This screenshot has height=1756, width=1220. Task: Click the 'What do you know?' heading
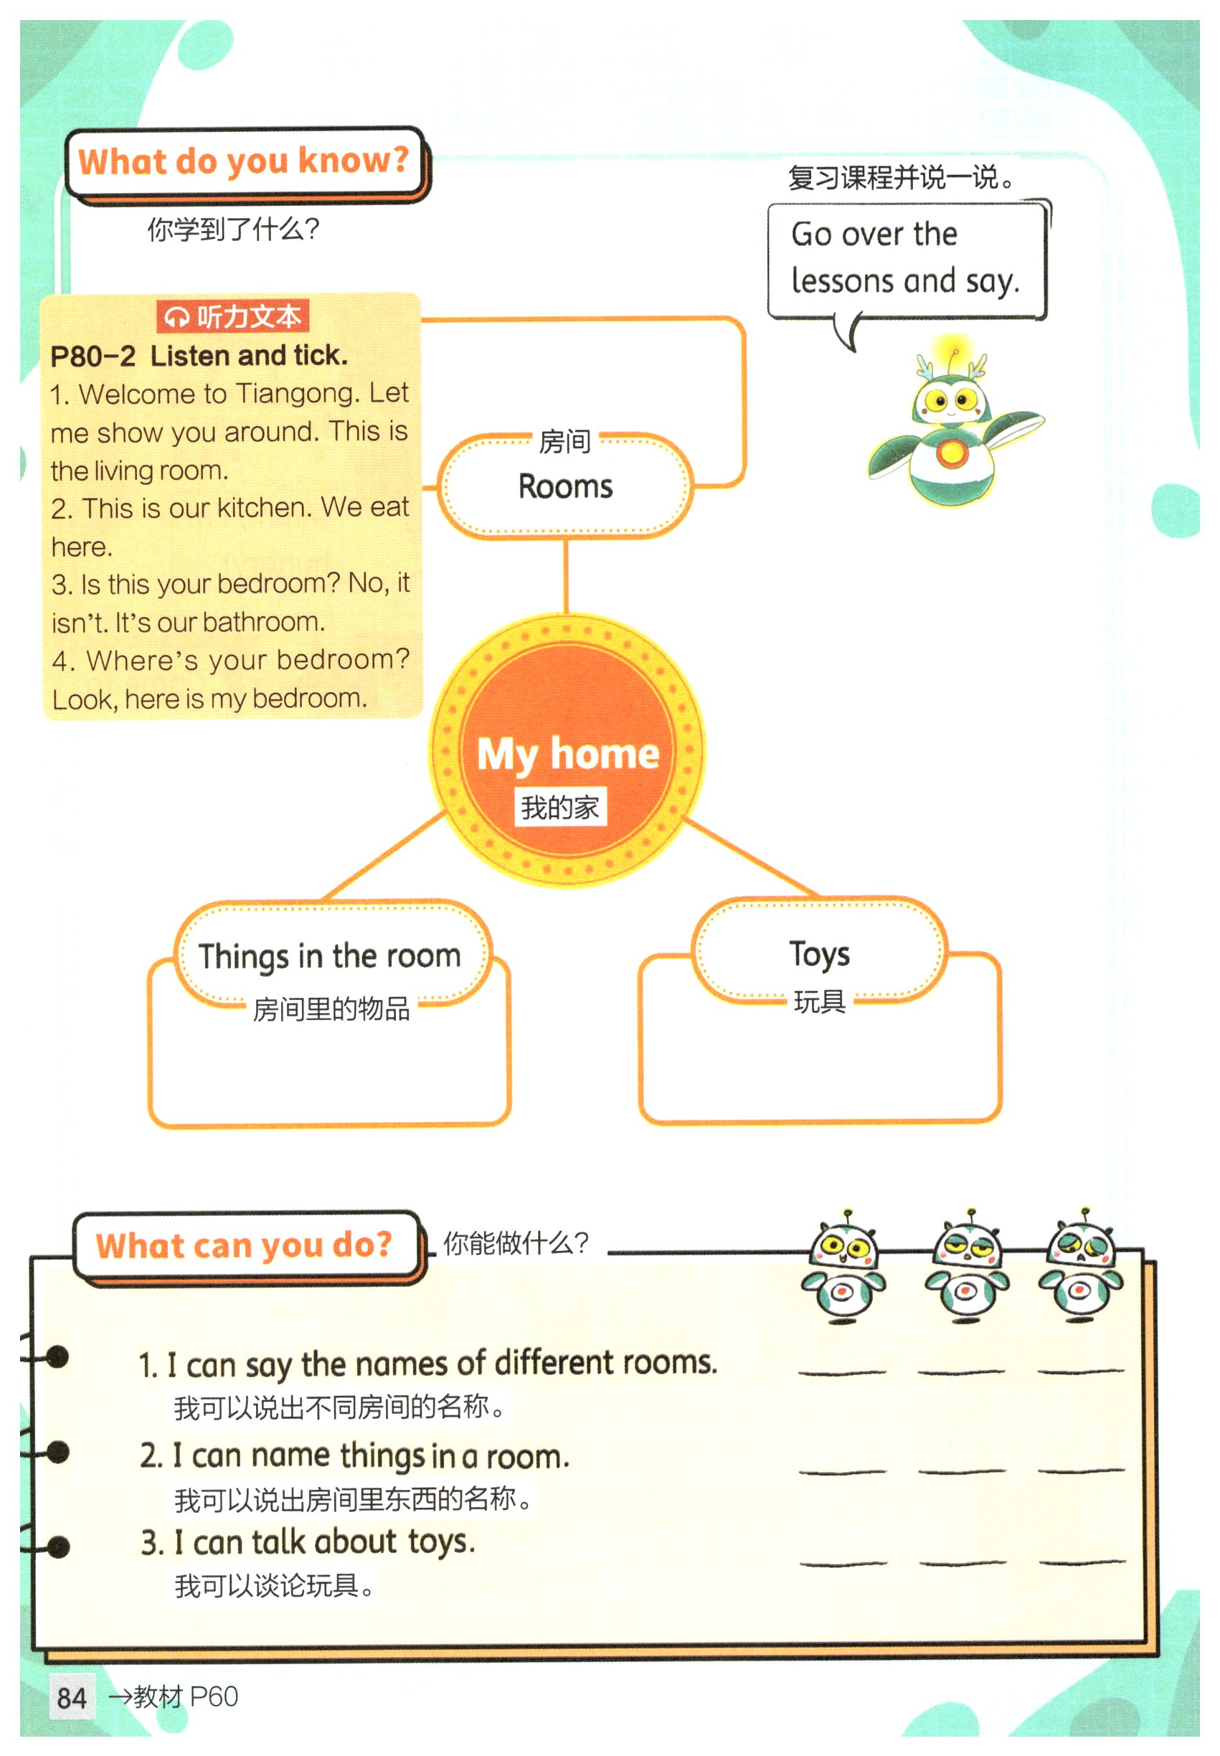pyautogui.click(x=243, y=161)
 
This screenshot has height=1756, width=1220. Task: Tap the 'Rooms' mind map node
pyautogui.click(x=565, y=486)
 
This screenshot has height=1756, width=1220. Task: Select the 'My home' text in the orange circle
pyautogui.click(x=567, y=754)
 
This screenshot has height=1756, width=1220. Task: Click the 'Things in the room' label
pyautogui.click(x=329, y=955)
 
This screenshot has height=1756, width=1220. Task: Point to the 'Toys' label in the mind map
pyautogui.click(x=818, y=953)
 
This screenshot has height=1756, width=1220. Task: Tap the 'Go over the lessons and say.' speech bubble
pyautogui.click(x=905, y=258)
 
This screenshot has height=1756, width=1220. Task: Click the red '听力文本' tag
pyautogui.click(x=233, y=316)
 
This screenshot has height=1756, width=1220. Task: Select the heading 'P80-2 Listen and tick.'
pyautogui.click(x=199, y=356)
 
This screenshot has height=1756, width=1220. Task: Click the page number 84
pyautogui.click(x=72, y=1696)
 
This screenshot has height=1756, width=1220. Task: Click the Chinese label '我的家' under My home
pyautogui.click(x=559, y=807)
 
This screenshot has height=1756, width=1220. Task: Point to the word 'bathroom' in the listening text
pyautogui.click(x=264, y=623)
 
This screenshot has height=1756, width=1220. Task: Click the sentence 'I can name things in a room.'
pyautogui.click(x=355, y=1455)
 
